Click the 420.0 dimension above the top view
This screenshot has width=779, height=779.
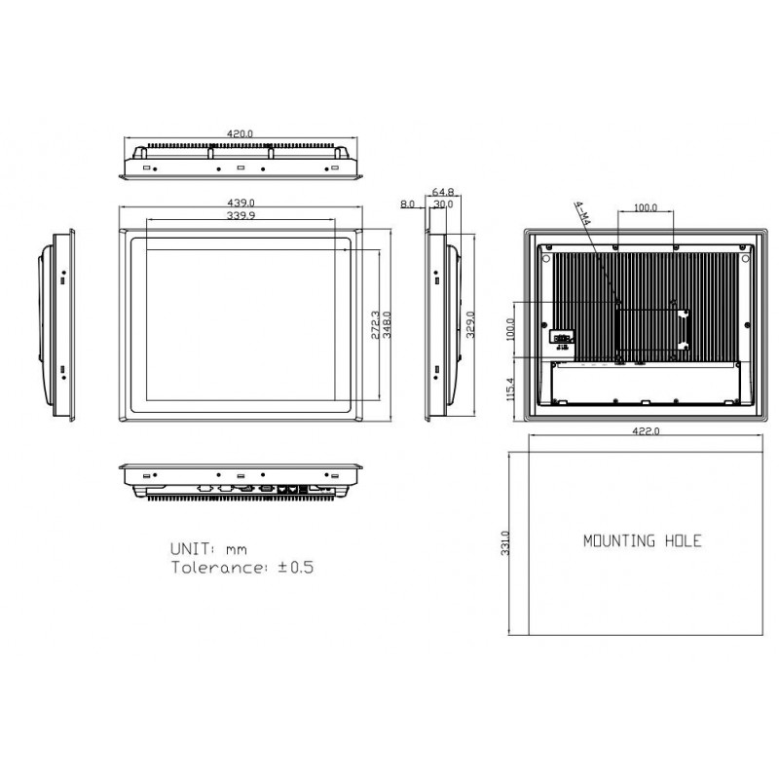point(240,133)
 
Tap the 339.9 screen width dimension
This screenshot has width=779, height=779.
point(240,215)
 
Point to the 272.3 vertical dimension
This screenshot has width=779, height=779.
point(377,323)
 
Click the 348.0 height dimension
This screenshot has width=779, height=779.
point(388,323)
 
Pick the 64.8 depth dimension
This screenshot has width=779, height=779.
point(442,193)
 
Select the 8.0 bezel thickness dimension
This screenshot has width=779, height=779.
point(407,205)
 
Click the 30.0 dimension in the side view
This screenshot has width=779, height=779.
point(442,205)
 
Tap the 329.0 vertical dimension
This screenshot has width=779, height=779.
point(470,323)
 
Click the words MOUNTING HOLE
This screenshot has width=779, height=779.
point(642,541)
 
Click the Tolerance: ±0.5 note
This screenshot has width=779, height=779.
point(242,567)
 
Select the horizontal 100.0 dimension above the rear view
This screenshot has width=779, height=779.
point(646,208)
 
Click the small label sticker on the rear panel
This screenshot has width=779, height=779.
point(562,337)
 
